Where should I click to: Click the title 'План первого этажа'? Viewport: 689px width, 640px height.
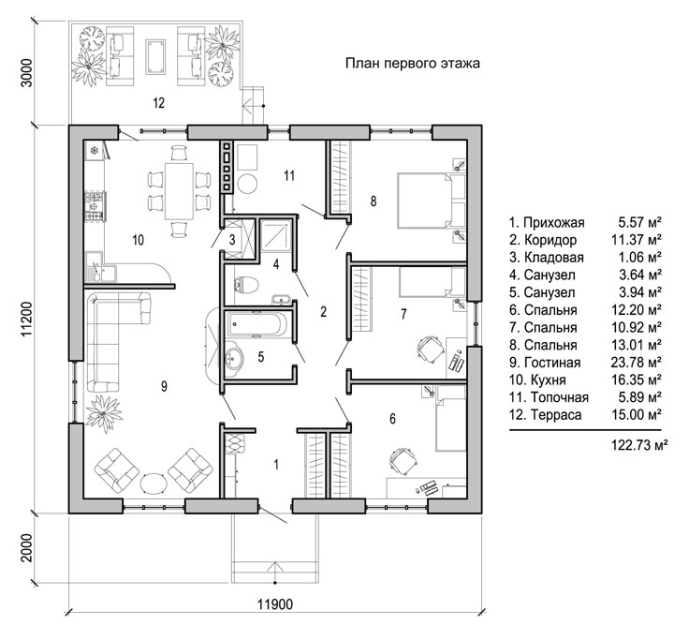(412, 64)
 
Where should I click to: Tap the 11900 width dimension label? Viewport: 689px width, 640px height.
(274, 604)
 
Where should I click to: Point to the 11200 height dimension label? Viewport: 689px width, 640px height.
(27, 320)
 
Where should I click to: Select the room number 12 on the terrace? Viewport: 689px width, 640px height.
(158, 103)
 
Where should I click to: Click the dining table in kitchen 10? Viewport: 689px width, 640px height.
(179, 191)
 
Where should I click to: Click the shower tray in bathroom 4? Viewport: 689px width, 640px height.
(276, 236)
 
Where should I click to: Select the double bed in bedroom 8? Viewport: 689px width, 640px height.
(431, 201)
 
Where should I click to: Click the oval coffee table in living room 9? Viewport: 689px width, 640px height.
(154, 484)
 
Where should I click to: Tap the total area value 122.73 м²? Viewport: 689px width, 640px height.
(639, 445)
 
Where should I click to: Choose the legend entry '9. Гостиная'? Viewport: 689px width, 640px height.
(545, 363)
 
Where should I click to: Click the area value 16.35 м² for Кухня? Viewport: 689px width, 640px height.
(637, 380)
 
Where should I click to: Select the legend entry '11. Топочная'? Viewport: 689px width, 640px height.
(549, 397)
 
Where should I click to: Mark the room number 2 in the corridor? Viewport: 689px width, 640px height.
(323, 312)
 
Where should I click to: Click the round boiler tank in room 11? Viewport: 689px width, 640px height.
(247, 184)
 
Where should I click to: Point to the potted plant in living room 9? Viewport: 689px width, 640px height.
(104, 413)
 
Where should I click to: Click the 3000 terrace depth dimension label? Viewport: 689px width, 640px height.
(27, 73)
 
